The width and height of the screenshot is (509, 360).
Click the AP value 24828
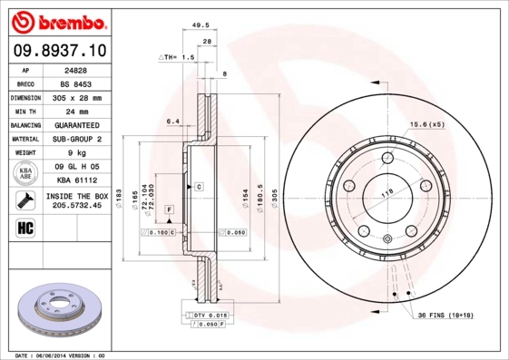point(74,69)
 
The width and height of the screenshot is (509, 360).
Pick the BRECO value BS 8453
point(74,83)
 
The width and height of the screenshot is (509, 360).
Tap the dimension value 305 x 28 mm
point(74,97)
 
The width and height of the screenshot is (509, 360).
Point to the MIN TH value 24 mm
point(74,111)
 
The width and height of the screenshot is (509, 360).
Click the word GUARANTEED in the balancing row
point(74,125)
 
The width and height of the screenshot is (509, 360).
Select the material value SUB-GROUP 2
point(74,139)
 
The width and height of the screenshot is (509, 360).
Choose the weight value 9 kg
point(74,153)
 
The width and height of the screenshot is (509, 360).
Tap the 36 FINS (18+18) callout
point(446,314)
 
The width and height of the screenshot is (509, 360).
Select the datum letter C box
point(198,186)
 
